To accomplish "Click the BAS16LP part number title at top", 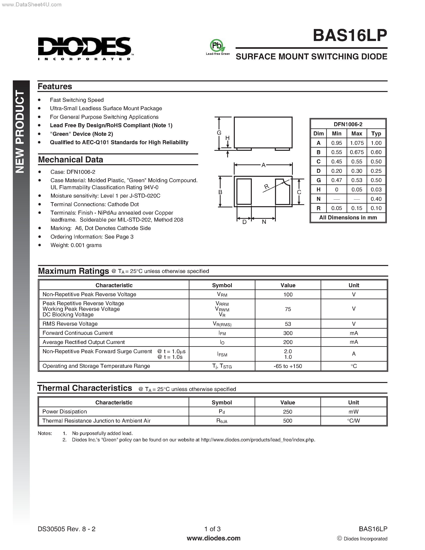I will (350, 36).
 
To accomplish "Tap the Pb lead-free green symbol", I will (217, 46).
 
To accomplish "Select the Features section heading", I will (55, 86).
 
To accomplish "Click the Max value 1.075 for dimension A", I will (357, 143).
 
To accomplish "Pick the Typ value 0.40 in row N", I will (376, 199).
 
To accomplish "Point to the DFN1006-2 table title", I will (348, 124).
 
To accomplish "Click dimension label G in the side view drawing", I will (219, 133).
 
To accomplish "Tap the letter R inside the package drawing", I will (266, 187).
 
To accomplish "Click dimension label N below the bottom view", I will (264, 222).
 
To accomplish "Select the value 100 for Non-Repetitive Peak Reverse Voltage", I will (288, 294).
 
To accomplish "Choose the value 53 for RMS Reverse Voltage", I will (288, 324).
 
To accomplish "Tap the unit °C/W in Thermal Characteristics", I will (353, 421).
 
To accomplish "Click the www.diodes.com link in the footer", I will (214, 538).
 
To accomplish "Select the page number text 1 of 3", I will (212, 529).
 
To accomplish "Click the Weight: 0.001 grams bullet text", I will (76, 245).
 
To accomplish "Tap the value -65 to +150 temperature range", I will (288, 366).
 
